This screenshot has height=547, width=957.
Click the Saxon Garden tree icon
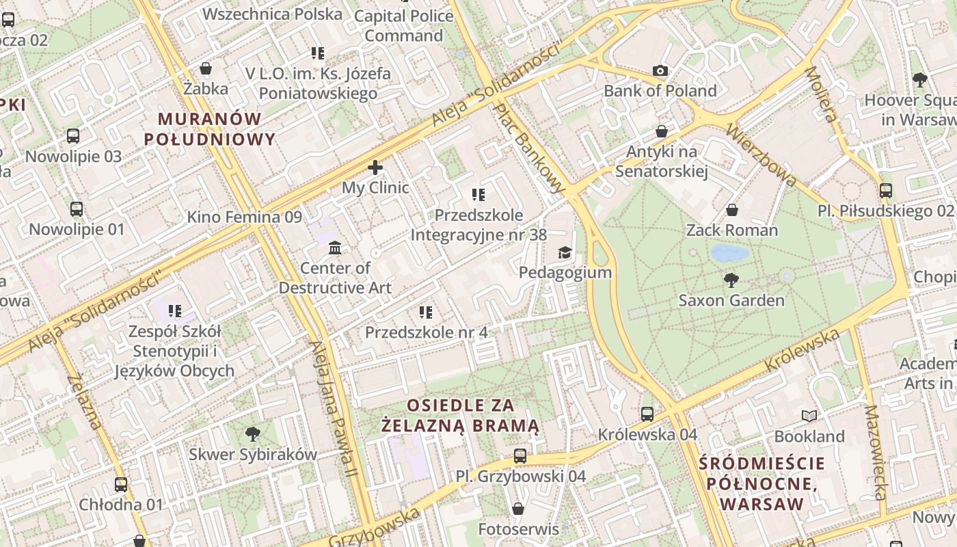tap(731, 280)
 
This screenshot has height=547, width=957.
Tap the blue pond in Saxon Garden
tap(729, 254)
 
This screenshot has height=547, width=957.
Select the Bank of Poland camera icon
tap(660, 70)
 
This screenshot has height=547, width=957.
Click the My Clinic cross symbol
tap(375, 167)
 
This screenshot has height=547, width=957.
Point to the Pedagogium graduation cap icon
tap(565, 253)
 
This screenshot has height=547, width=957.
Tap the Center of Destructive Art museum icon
tap(335, 248)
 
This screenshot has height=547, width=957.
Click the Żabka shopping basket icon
tap(205, 68)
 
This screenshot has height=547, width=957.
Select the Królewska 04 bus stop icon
tap(647, 414)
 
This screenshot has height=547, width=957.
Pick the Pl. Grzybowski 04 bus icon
tap(520, 455)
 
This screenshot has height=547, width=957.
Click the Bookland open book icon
tap(809, 416)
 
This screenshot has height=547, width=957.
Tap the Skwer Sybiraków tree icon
tap(252, 433)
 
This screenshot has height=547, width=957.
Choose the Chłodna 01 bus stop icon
tap(121, 484)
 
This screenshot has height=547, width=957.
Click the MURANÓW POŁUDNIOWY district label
tap(210, 129)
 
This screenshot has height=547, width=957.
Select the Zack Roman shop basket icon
tap(732, 209)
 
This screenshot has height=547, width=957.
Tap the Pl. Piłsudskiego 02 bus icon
tap(886, 190)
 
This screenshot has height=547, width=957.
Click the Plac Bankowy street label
tap(530, 146)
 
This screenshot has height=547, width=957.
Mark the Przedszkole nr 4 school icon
tap(426, 312)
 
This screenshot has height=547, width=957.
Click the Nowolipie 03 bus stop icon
tap(73, 135)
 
